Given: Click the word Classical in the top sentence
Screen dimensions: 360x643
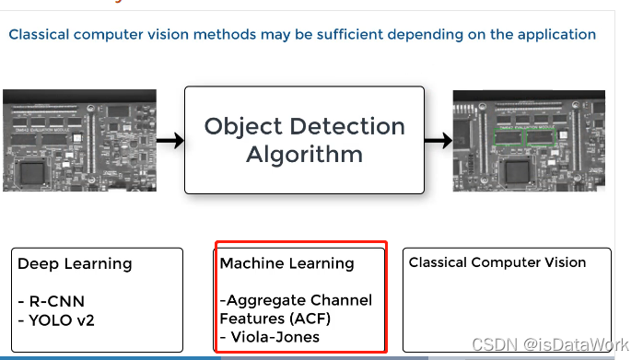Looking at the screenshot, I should tap(39, 35).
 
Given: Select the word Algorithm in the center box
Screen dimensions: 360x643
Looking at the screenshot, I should tap(304, 154).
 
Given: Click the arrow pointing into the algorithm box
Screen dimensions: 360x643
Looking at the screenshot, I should tap(168, 141).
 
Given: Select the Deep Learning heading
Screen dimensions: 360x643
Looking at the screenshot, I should tap(75, 264).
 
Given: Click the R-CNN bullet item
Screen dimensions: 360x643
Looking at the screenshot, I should tap(46, 301).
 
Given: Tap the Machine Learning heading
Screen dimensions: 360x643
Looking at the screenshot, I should tap(286, 264).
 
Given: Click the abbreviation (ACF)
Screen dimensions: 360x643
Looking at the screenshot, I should tap(298, 319).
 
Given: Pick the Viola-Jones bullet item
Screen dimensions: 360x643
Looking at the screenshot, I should tap(271, 337).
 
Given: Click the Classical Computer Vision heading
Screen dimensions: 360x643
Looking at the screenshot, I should tap(497, 262).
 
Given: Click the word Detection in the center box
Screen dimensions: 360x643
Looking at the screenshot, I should tap(349, 126).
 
